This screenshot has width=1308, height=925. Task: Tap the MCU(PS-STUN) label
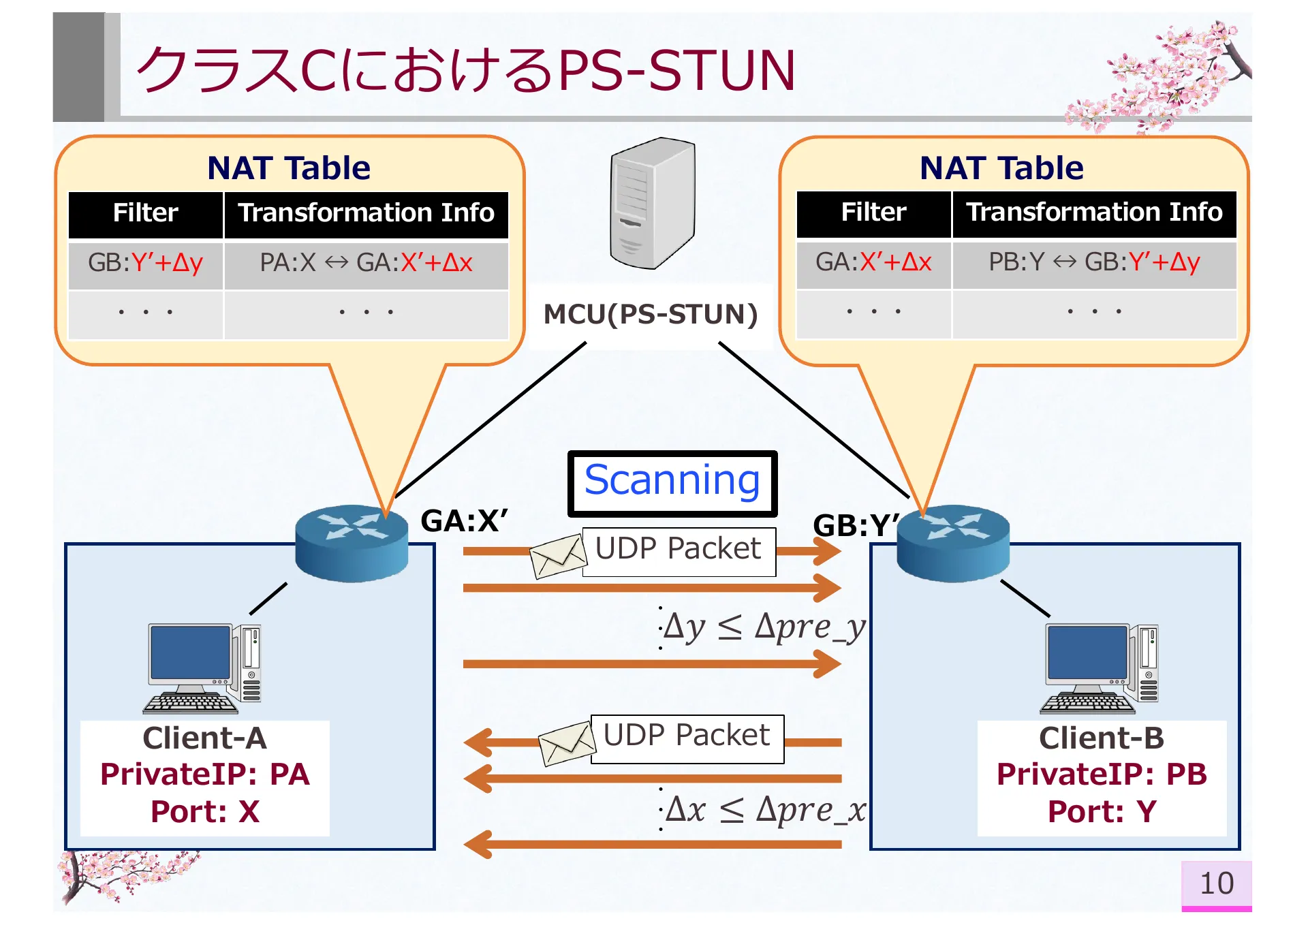click(x=651, y=315)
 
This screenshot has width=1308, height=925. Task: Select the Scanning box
click(x=672, y=483)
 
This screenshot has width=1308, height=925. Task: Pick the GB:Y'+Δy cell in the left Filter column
click(x=145, y=263)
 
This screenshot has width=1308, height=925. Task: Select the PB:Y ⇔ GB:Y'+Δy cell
click(x=1093, y=262)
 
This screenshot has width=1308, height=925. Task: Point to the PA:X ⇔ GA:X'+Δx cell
click(x=366, y=263)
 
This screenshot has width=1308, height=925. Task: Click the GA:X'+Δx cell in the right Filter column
click(x=873, y=262)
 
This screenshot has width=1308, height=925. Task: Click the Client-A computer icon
click(x=203, y=668)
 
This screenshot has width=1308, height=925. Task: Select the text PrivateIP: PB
click(x=1101, y=774)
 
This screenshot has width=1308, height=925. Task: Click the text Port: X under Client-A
click(x=204, y=812)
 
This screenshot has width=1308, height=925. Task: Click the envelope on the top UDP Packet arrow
click(x=557, y=556)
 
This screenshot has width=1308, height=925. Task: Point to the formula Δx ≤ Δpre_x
click(x=764, y=810)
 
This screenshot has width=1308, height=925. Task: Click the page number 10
click(x=1216, y=884)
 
